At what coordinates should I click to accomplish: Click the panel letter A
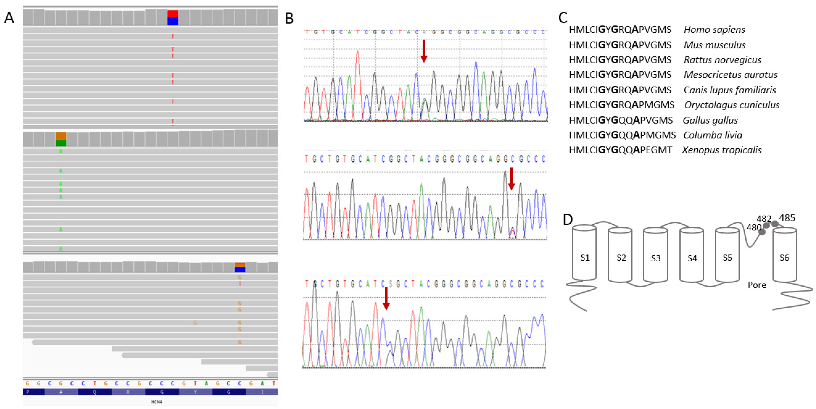tap(9, 18)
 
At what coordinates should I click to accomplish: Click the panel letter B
tap(289, 18)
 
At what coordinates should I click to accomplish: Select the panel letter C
tap(563, 18)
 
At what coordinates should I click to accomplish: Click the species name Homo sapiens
tap(714, 30)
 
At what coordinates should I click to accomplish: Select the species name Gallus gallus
tap(710, 120)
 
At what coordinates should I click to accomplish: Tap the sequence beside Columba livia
tap(622, 135)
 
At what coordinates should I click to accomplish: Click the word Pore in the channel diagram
tap(757, 285)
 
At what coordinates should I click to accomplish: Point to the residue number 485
tap(787, 218)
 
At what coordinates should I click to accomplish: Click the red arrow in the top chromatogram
tap(424, 51)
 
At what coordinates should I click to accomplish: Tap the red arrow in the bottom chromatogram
tap(386, 298)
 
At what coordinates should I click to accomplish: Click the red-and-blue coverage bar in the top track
tap(173, 17)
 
